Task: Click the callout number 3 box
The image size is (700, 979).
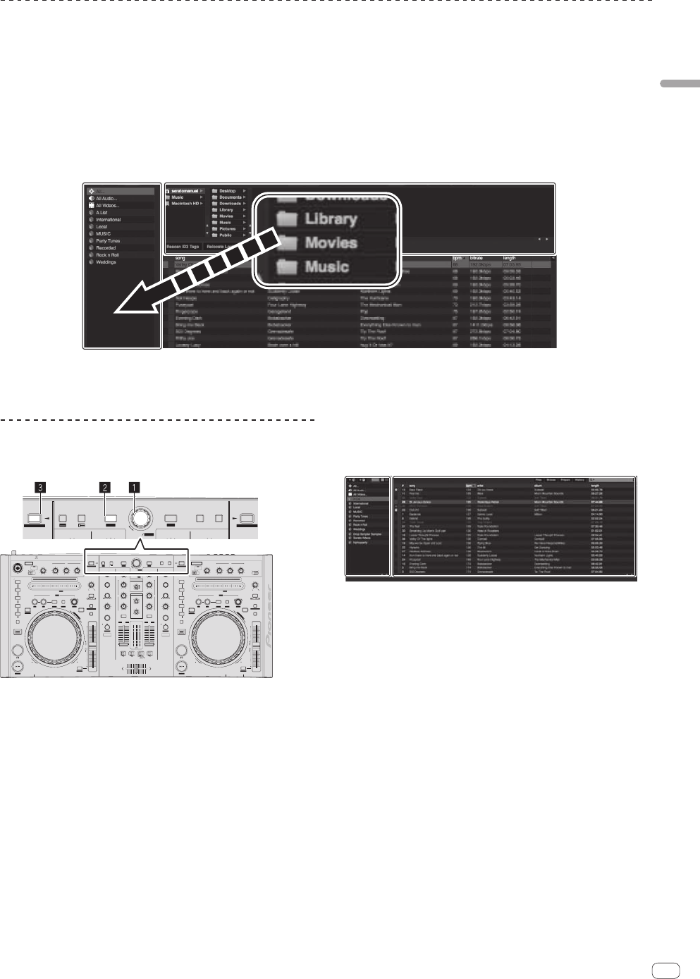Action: click(42, 486)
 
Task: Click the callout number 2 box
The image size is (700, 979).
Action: click(104, 486)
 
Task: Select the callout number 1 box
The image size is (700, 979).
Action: click(132, 486)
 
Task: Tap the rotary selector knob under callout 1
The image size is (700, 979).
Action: click(140, 518)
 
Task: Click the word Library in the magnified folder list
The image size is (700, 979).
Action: click(331, 218)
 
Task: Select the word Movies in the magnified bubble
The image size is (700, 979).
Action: click(331, 242)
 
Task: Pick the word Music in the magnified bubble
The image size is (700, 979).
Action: click(326, 266)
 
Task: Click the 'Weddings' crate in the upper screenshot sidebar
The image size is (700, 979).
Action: click(106, 262)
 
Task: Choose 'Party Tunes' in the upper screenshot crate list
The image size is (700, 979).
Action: click(108, 241)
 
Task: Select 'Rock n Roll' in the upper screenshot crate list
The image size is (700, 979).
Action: click(107, 255)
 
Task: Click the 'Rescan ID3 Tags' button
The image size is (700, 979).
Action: click(183, 247)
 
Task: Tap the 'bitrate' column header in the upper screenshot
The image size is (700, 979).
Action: click(477, 258)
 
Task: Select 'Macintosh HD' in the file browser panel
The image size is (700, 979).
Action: click(185, 204)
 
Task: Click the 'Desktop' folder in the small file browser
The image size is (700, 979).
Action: click(227, 191)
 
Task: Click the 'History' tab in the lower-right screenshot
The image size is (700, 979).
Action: click(579, 480)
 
